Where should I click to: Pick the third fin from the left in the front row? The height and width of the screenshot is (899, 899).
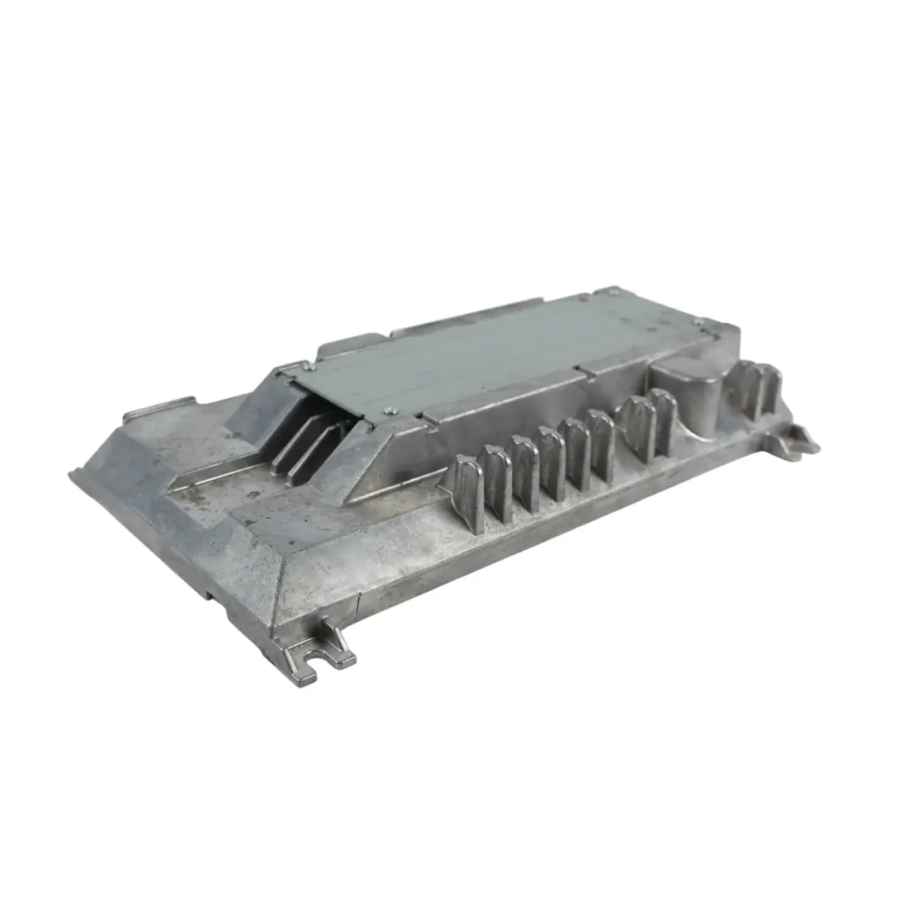coord(524,472)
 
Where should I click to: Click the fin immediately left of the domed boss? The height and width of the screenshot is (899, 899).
coord(663,420)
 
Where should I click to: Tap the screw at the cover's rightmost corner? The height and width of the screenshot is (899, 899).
coord(698,321)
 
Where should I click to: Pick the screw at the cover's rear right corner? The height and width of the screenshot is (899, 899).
coord(613,291)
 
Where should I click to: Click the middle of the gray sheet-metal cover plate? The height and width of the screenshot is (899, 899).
coord(499,350)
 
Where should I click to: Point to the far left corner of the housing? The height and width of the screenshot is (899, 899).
coord(73,474)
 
